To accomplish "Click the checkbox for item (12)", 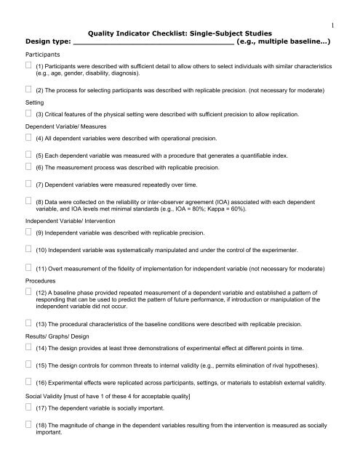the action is (x=28, y=293).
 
